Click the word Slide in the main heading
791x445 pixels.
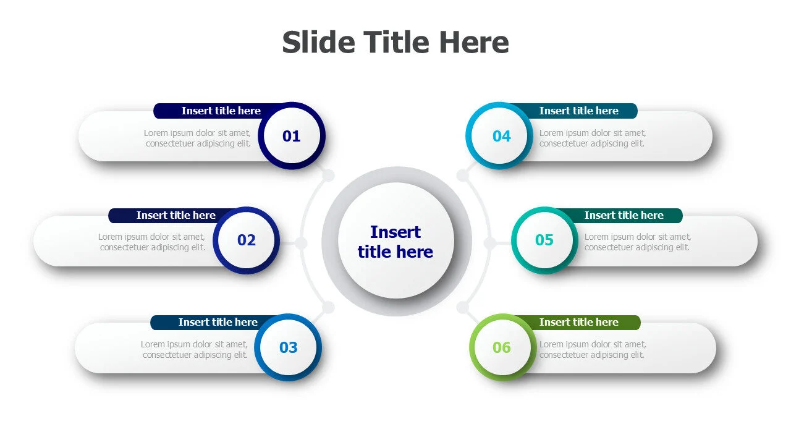click(x=318, y=42)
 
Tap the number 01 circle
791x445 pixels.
click(x=292, y=136)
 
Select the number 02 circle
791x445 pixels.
click(x=246, y=240)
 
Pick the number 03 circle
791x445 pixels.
click(x=288, y=347)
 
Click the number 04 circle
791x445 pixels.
click(x=499, y=136)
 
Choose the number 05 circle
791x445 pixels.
click(x=544, y=240)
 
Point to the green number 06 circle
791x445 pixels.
click(x=503, y=347)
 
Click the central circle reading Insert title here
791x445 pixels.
click(x=396, y=241)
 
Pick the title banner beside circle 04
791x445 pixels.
click(x=579, y=111)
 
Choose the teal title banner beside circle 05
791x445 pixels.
click(x=624, y=216)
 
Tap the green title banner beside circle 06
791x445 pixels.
click(x=579, y=323)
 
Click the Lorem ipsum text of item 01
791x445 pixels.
click(x=197, y=138)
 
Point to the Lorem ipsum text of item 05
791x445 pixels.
click(x=637, y=242)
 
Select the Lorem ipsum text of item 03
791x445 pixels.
click(x=194, y=349)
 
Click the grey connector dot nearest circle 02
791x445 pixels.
click(x=301, y=243)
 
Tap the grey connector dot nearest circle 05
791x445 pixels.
click(x=490, y=243)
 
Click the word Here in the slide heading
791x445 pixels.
click(x=474, y=42)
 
